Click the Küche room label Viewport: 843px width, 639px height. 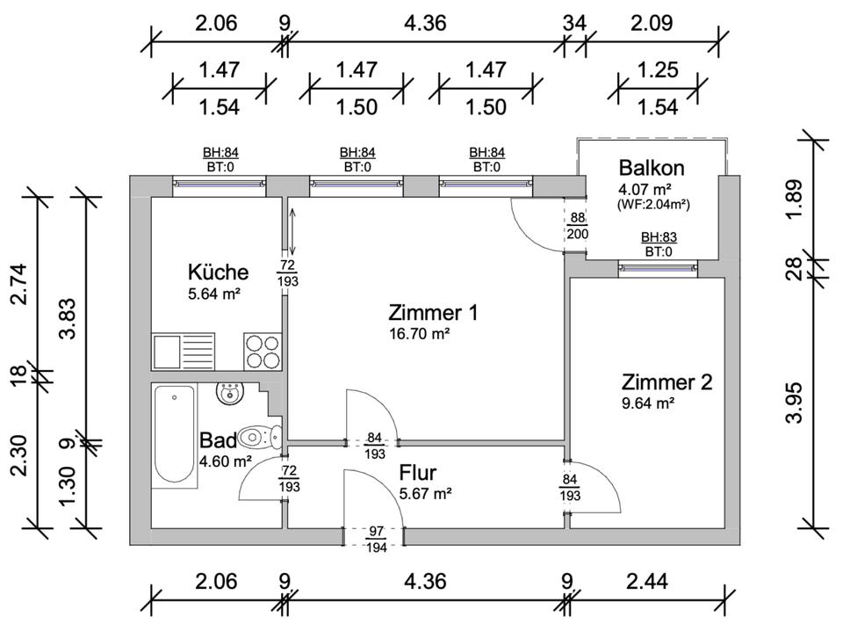click(219, 272)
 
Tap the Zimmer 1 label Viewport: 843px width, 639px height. click(433, 313)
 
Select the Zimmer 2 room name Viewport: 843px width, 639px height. click(666, 382)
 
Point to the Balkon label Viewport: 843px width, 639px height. click(652, 168)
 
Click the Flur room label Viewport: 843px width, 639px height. click(418, 473)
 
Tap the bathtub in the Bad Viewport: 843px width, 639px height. click(174, 434)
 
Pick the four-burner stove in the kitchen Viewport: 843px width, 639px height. click(263, 351)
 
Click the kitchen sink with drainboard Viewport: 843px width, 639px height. click(184, 351)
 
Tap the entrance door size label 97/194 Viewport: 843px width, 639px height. click(376, 540)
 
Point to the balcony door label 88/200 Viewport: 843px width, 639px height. click(578, 226)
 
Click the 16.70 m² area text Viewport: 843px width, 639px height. click(420, 334)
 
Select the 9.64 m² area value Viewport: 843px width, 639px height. click(648, 403)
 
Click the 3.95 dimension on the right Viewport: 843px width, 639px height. click(794, 403)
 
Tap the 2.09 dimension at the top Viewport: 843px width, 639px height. click(652, 23)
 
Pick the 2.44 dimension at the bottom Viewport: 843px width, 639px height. click(647, 581)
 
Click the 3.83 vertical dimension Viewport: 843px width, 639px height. click(68, 318)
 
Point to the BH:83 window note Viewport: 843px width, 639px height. click(659, 237)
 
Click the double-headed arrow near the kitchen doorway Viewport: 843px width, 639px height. click(292, 232)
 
